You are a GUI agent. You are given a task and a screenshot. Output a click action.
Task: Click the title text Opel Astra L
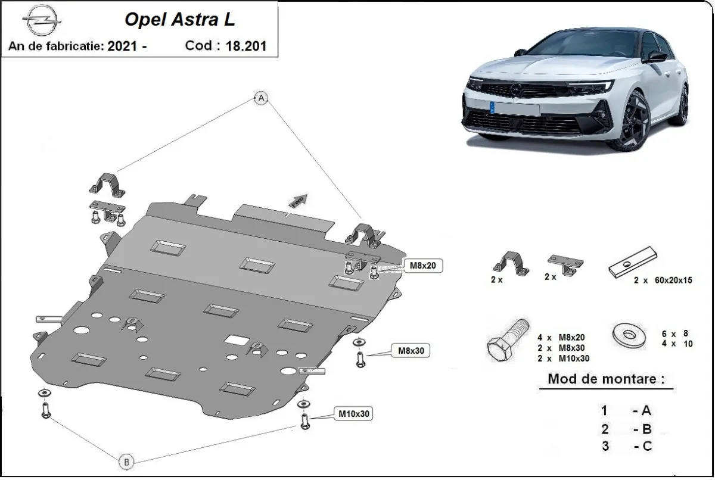[x=179, y=20]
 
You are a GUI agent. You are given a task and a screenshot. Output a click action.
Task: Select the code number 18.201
[x=246, y=46]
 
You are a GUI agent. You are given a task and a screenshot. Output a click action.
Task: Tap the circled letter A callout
[x=261, y=99]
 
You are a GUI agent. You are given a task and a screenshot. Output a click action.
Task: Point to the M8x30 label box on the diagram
[x=410, y=351]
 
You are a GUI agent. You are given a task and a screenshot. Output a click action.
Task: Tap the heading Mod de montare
[x=605, y=379]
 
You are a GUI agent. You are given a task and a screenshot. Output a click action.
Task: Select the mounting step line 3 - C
[x=626, y=447]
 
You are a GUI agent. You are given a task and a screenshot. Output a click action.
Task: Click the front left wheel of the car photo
[x=633, y=122]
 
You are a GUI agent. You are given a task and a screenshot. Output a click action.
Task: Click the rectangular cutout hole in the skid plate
[x=237, y=340]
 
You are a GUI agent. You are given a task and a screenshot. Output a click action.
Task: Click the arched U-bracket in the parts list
[x=510, y=263]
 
